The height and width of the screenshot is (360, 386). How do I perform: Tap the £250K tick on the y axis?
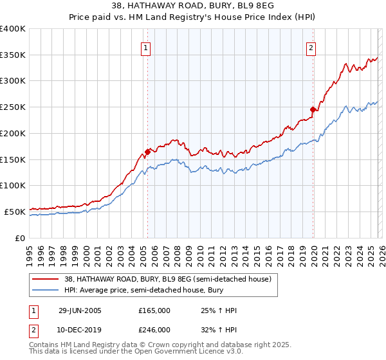tap(13, 107)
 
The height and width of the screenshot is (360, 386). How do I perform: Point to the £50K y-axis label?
tap(15, 211)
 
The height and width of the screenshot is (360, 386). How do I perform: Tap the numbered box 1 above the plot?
tap(146, 48)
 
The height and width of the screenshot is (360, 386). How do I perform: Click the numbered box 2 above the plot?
tap(311, 48)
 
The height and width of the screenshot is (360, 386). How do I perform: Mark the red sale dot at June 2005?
tap(147, 152)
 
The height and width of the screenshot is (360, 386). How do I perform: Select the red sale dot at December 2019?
tap(313, 109)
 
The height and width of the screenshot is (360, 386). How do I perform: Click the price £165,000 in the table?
tap(154, 310)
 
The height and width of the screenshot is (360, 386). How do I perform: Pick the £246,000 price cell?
tap(154, 329)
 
